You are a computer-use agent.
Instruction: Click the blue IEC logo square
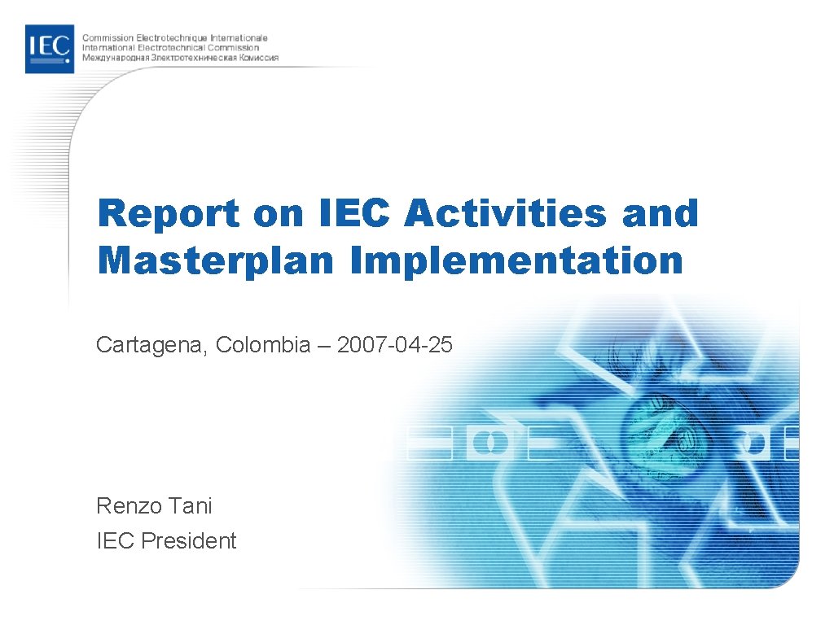[x=49, y=49]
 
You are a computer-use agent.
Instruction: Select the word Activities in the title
[x=506, y=213]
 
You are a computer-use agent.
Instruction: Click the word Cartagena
[x=151, y=345]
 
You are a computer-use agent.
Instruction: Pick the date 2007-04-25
[x=394, y=345]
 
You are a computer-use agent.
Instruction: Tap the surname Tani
[x=191, y=505]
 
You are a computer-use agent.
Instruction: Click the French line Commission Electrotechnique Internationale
[x=175, y=37]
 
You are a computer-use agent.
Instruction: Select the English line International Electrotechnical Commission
[x=175, y=47]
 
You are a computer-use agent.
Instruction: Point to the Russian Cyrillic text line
[x=180, y=58]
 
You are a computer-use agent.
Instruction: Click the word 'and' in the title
[x=660, y=213]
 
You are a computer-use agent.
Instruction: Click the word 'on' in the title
[x=276, y=213]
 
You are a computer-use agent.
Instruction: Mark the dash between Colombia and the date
[x=324, y=346]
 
